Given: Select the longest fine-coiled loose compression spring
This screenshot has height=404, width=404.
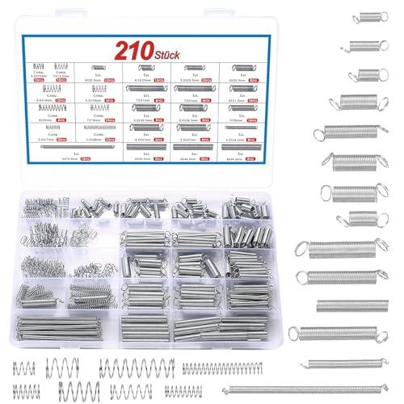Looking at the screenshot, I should point(223,368).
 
